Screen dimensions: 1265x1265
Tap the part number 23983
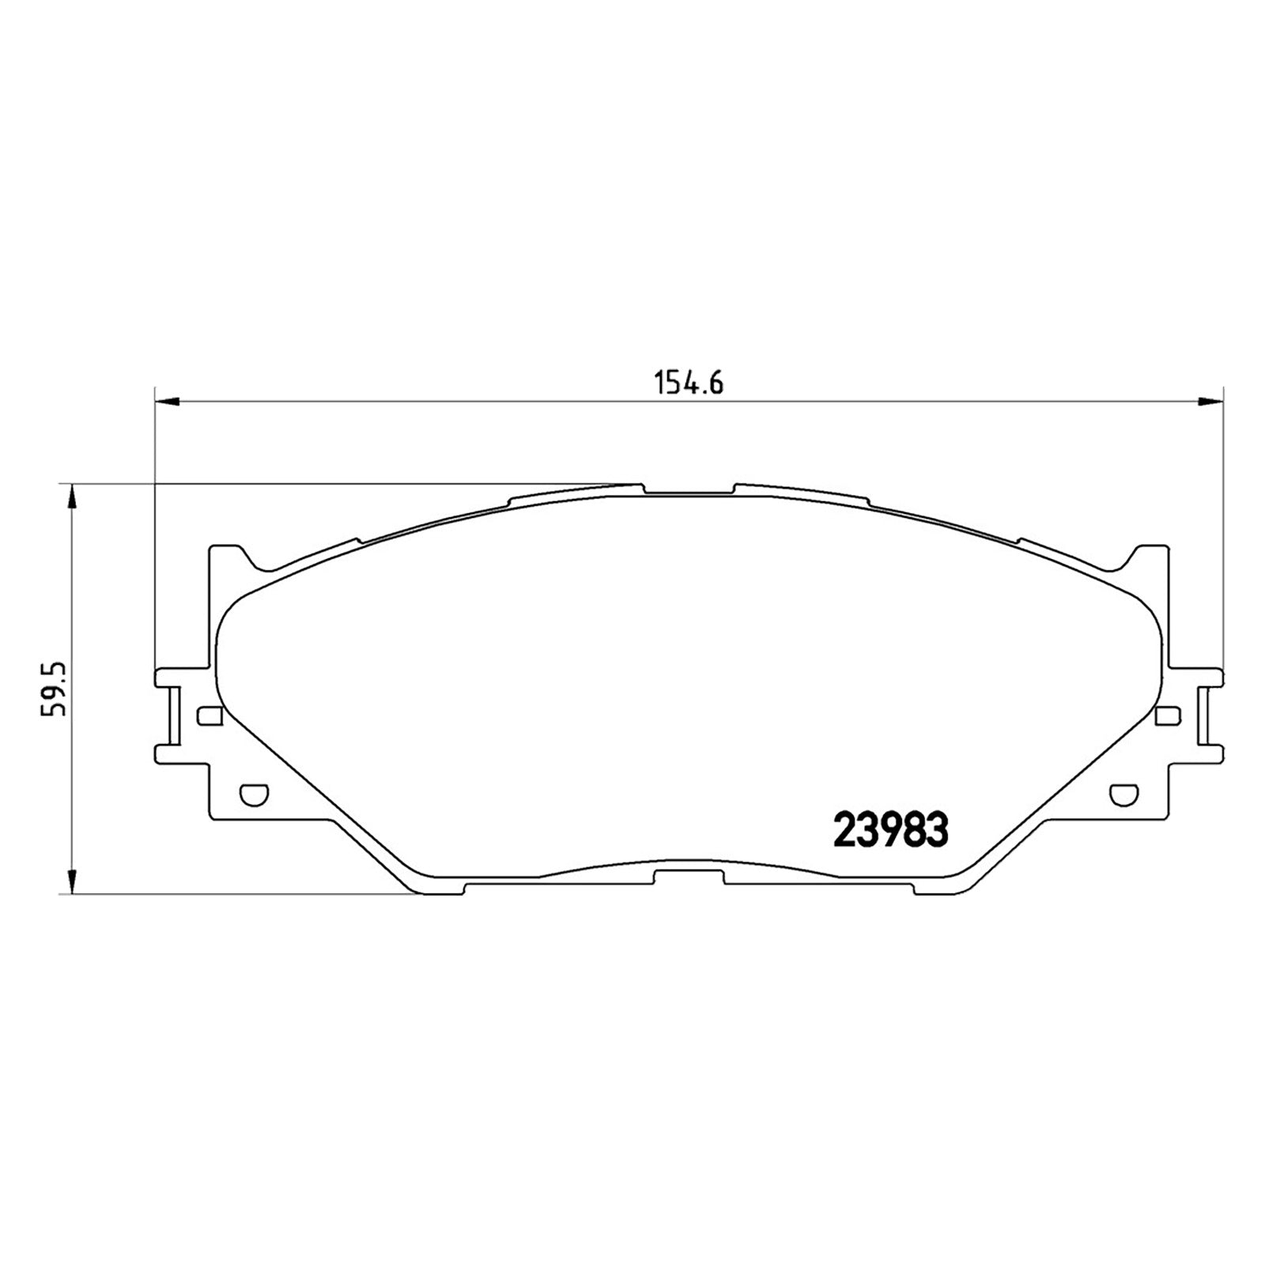(891, 830)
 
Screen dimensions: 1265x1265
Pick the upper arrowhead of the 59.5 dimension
(72, 499)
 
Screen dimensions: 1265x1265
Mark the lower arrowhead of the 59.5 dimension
(72, 879)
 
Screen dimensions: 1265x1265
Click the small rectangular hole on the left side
(209, 716)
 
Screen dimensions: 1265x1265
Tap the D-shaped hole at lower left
(254, 793)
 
